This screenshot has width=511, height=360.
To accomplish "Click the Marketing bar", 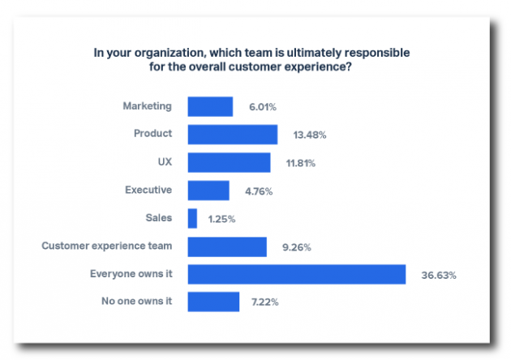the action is coord(210,106).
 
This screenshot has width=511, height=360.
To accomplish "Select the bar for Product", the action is coord(233,135).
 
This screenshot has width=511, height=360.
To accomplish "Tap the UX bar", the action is coord(229,163).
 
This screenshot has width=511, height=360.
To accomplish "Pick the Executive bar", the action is coord(208,191).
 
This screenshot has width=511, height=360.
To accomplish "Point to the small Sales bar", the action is coord(192,219).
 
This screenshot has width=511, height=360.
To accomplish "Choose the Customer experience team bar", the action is coord(227,247).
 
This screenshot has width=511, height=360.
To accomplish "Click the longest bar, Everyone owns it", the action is coord(297,274).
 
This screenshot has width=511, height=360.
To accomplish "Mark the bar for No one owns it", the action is coord(213,302).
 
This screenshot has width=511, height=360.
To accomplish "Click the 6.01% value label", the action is coord(263,107).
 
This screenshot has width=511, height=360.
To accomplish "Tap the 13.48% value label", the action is coord(310,135).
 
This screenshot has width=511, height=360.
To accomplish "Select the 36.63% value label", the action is coord(439,276).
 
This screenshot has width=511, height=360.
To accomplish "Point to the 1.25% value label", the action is coord(221,219).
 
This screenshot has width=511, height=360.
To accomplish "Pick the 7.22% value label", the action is coord(265,302).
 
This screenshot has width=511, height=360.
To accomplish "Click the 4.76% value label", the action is coord(259,191).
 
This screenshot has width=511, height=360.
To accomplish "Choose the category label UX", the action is coord(165,162).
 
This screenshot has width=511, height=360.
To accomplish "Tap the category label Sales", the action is coord(159,217).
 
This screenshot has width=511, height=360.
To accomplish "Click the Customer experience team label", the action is coord(107,246).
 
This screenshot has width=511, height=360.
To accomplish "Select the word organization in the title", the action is coord(170,53).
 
